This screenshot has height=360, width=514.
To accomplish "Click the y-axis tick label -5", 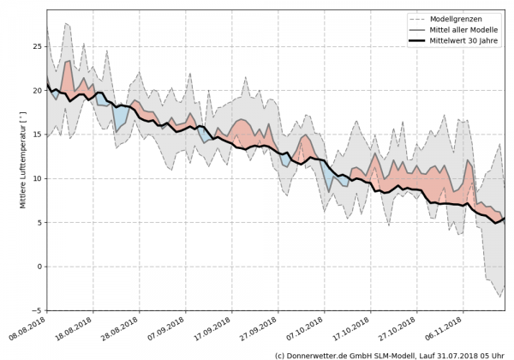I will [35, 311].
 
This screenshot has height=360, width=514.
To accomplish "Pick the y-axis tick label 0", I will [38, 267].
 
